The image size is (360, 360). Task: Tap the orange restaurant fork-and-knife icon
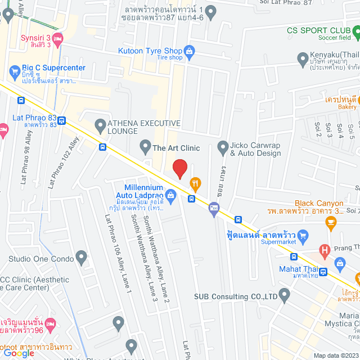(x=195, y=182)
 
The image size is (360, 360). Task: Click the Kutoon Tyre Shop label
(x=150, y=51)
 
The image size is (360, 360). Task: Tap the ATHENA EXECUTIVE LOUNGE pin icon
(x=100, y=124)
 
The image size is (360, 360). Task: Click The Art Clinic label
(x=177, y=148)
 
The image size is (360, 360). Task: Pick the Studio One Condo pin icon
(x=82, y=259)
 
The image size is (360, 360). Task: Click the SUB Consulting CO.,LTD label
(x=236, y=296)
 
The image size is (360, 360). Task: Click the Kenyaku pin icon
(x=301, y=56)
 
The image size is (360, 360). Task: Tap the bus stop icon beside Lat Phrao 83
(x=61, y=120)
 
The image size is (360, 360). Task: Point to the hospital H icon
(x=324, y=249)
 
